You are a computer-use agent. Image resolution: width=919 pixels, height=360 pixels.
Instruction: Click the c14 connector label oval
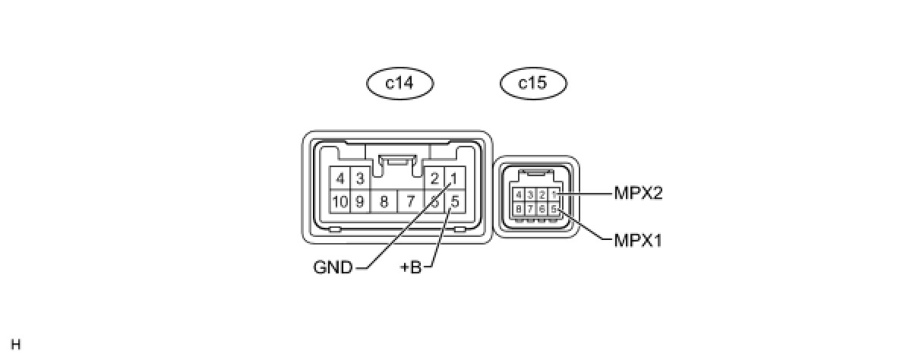tap(399, 83)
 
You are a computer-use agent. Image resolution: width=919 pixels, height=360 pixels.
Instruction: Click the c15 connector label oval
tap(532, 83)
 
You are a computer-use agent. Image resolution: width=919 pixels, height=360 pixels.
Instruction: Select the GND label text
tap(333, 267)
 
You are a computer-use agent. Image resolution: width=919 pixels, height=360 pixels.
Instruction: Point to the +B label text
tap(410, 267)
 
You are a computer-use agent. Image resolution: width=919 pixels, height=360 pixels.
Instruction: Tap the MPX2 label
tap(639, 194)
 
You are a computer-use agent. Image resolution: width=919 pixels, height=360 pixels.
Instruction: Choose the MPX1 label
tap(639, 241)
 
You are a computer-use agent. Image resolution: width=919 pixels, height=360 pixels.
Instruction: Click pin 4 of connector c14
tap(340, 179)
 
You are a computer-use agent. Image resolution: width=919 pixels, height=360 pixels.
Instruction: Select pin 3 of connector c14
tap(360, 179)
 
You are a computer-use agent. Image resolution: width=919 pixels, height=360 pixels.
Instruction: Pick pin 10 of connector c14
tap(340, 202)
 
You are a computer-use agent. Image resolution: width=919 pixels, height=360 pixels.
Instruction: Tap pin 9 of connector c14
tap(360, 202)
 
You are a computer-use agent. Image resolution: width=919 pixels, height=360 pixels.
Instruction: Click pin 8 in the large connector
tap(384, 202)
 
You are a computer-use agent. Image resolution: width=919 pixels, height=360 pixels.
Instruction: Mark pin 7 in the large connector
tap(410, 202)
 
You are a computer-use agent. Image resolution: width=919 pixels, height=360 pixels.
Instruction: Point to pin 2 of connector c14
tap(434, 179)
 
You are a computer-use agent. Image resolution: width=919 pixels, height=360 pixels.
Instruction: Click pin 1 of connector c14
tap(453, 179)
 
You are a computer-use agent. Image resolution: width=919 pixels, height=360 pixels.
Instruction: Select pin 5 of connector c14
tap(454, 202)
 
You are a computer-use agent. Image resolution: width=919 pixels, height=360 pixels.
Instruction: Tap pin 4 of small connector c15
tap(518, 194)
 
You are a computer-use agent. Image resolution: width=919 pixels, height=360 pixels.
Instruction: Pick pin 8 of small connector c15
tap(518, 208)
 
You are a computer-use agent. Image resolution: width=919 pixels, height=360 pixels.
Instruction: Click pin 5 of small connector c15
tap(554, 208)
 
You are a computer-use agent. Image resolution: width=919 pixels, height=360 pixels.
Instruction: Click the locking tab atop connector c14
tap(398, 160)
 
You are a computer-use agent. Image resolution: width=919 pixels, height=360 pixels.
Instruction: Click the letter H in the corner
tap(16, 345)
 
